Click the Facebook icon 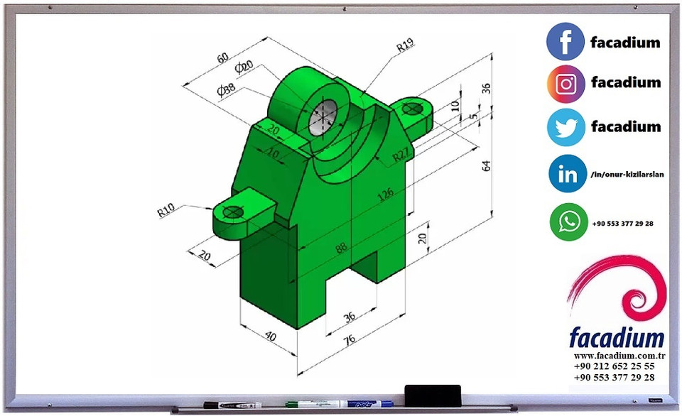(565, 41)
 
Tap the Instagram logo (565, 84)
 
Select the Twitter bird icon (565, 127)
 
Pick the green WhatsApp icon (568, 222)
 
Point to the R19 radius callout (405, 47)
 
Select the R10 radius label (166, 209)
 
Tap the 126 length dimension (386, 194)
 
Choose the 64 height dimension (487, 165)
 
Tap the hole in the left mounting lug (233, 212)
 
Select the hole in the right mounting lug (411, 109)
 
